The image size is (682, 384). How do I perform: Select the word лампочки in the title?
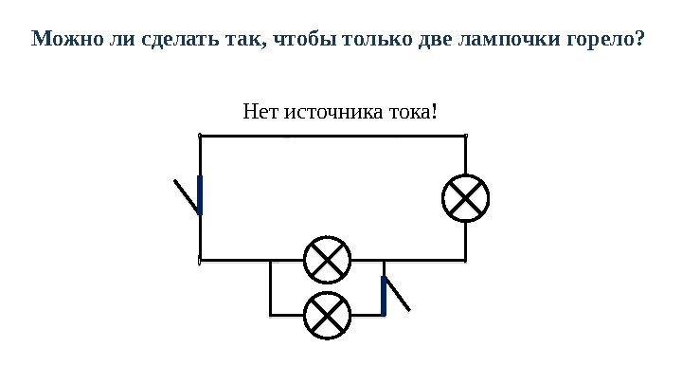[504, 41]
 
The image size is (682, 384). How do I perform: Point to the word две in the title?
[436, 41]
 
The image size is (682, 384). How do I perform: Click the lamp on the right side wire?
[466, 199]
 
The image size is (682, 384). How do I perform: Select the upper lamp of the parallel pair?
[327, 260]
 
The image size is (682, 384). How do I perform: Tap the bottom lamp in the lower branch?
[327, 315]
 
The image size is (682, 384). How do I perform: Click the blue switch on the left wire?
[200, 195]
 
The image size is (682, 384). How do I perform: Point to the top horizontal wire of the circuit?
[332, 136]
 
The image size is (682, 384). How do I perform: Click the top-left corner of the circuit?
[201, 136]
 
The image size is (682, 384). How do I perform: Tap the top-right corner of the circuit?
[466, 136]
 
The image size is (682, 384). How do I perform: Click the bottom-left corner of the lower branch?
[271, 314]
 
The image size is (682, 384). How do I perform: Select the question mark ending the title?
[641, 41]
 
